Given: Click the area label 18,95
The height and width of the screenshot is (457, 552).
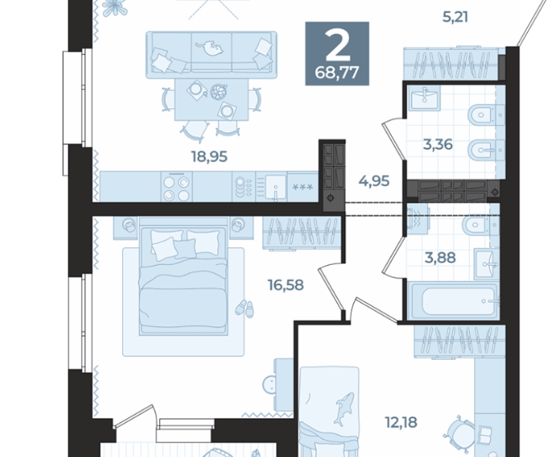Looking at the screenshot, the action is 209,156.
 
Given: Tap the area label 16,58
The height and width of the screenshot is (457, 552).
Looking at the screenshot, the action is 286,285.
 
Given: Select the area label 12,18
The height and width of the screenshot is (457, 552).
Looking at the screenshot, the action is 401,422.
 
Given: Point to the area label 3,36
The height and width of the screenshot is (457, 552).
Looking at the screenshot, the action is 438,144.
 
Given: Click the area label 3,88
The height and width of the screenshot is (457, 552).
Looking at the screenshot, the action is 440,258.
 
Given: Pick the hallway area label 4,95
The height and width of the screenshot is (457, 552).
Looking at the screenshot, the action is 374,181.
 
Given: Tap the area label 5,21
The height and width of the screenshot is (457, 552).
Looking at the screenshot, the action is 455,17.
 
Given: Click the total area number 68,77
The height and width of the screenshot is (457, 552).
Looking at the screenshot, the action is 337,73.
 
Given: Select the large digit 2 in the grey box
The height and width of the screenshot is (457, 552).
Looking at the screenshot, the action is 338,44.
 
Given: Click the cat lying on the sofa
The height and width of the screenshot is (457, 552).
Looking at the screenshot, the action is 210,49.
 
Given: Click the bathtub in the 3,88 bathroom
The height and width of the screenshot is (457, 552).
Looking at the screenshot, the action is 453,301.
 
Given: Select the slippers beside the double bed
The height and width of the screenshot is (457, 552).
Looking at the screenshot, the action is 244,308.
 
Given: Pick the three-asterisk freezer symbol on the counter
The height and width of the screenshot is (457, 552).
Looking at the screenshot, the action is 303,187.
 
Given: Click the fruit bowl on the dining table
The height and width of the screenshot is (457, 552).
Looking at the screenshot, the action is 219,92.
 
